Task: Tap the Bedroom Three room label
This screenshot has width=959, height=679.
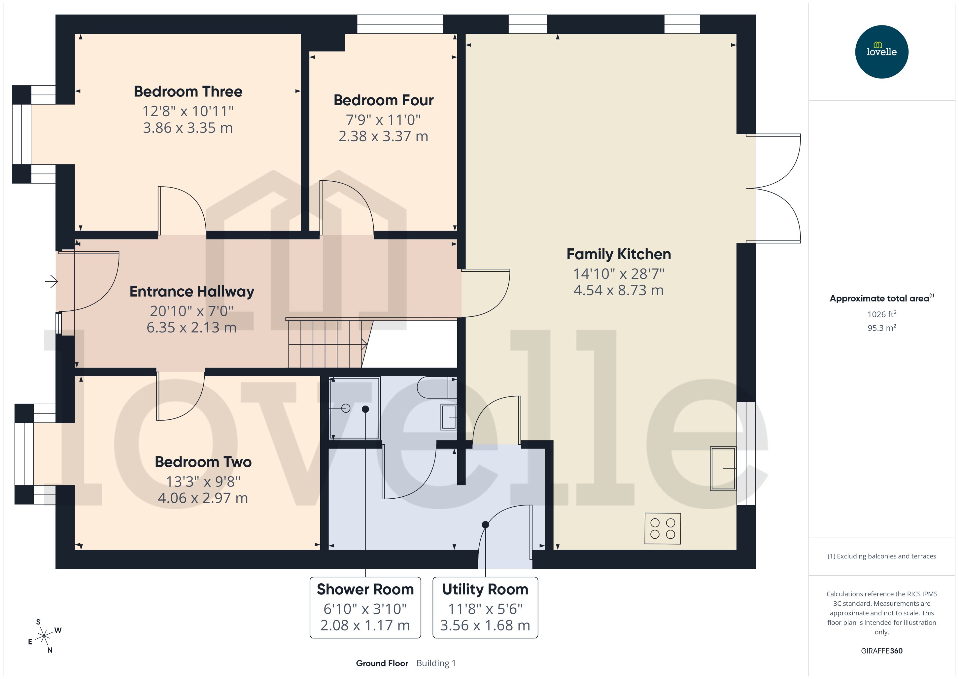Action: click(188, 92)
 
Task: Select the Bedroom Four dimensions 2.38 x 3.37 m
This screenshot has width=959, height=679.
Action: click(383, 136)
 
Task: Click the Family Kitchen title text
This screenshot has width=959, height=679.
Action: click(618, 254)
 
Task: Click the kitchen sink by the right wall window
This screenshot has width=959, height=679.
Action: click(723, 469)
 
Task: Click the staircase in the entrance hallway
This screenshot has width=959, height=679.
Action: click(326, 344)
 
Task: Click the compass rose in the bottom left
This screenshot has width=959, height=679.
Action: click(44, 636)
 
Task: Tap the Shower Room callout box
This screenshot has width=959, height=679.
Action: click(365, 607)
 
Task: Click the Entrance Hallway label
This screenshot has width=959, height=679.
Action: click(192, 291)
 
